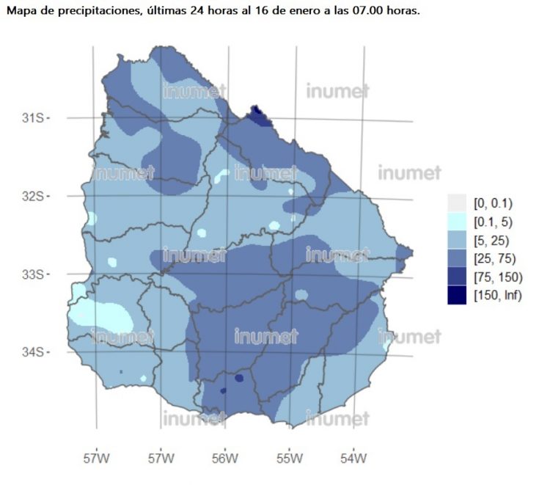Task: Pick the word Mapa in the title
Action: [x=21, y=12]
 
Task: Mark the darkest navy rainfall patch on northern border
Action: [x=257, y=112]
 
